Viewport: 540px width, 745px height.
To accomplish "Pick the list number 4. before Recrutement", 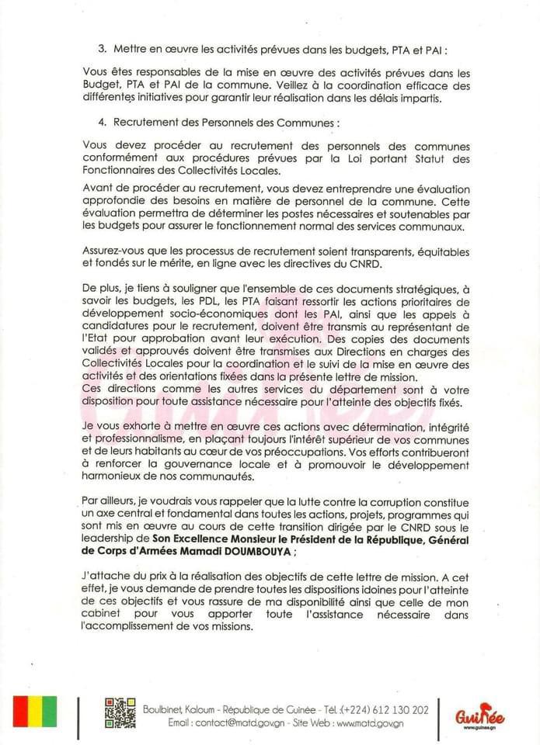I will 103,123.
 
